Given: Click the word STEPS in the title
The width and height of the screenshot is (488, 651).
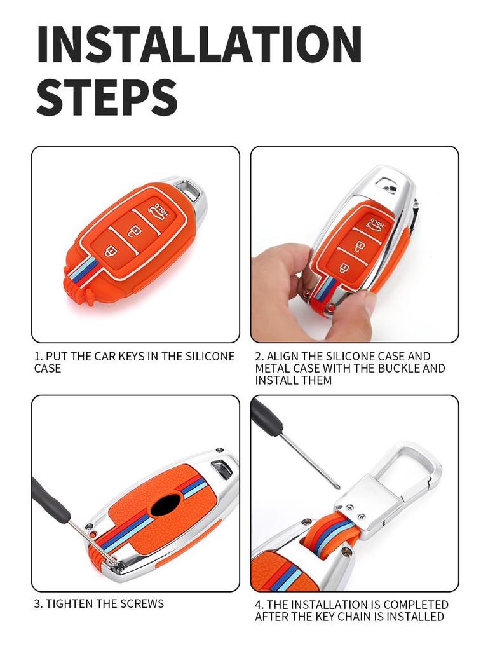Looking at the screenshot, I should coord(106,97).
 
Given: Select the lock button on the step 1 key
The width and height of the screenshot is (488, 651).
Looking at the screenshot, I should coord(111,250).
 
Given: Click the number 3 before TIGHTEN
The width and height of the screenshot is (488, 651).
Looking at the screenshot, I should coord(37,603).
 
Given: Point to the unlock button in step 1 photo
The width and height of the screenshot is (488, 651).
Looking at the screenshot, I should coord(136,230).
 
